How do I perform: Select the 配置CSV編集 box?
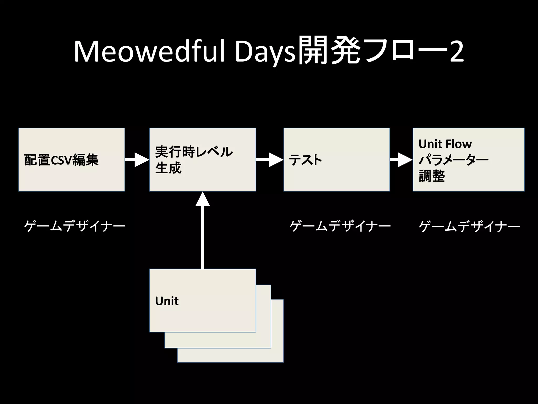click(71, 160)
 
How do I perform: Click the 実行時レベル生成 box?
click(203, 160)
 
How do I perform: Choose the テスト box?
click(337, 160)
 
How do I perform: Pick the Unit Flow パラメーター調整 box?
click(469, 160)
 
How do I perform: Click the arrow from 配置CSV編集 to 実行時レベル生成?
click(137, 160)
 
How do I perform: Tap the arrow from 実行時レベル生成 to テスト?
click(270, 160)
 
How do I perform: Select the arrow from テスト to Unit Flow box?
click(401, 160)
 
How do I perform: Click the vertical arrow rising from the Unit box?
click(203, 231)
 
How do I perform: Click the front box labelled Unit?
click(203, 300)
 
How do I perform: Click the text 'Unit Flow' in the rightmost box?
click(445, 144)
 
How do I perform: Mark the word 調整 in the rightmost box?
click(432, 176)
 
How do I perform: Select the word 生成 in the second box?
click(168, 168)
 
